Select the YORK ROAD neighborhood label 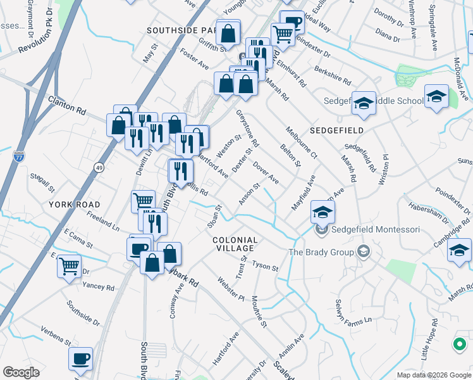click(75, 205)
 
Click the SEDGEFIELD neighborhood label click(336, 130)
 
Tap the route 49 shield click(99, 167)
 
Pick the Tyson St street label click(266, 266)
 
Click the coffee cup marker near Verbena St click(80, 358)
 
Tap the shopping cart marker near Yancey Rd click(69, 265)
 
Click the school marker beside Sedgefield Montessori click(322, 213)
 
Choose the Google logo click(21, 372)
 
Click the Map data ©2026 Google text click(433, 375)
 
